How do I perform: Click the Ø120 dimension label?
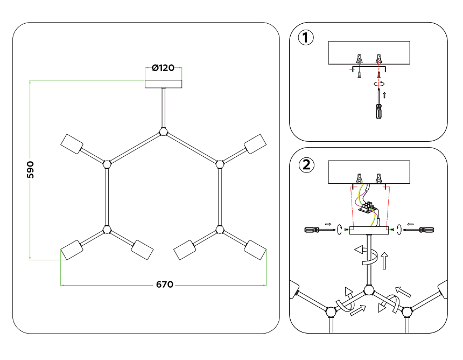163,68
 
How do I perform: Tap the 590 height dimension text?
31,170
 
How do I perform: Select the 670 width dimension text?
165,285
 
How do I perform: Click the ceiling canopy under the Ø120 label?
164,84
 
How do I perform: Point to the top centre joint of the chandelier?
163,131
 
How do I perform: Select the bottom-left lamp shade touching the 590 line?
72,250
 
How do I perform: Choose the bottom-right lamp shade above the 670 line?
255,250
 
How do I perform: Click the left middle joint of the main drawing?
107,163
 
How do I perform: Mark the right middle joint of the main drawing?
219,163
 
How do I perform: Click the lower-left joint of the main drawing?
107,230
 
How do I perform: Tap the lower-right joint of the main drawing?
219,230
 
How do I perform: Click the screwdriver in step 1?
379,107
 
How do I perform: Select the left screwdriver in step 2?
314,230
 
